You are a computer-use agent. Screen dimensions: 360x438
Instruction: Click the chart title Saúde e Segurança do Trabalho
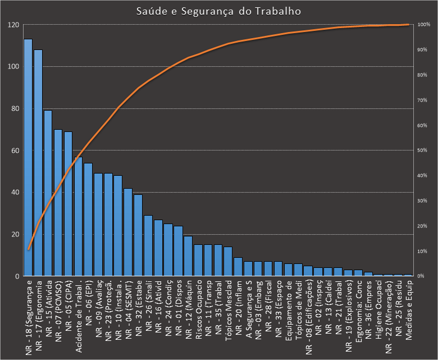(x=218, y=11)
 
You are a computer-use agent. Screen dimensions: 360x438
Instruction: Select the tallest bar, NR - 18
(x=28, y=157)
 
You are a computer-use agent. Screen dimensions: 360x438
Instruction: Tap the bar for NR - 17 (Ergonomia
(x=38, y=163)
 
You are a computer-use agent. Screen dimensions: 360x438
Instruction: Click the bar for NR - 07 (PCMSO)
(x=58, y=203)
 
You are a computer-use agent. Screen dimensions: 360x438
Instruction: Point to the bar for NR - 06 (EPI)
(x=88, y=220)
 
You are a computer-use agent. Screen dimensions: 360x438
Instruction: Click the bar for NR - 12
(x=188, y=256)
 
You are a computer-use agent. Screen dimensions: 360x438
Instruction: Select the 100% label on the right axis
(x=424, y=25)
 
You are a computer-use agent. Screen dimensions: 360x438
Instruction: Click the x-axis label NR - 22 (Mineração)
(x=388, y=315)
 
